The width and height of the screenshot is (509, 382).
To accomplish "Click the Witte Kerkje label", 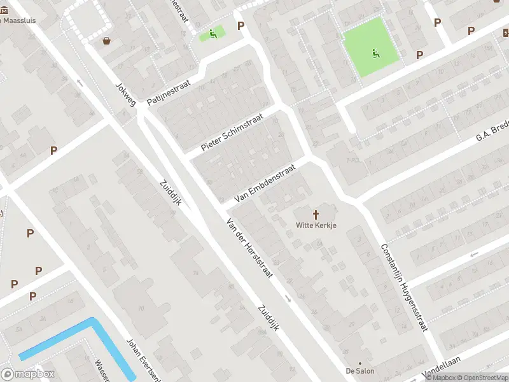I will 316,225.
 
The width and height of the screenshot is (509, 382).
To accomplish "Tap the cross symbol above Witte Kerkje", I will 316,214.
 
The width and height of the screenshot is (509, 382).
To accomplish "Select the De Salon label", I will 360,371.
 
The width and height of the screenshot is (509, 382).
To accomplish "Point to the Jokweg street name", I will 125,94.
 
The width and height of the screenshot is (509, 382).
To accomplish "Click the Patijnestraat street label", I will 169,93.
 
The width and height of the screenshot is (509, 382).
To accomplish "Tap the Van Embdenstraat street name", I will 265,184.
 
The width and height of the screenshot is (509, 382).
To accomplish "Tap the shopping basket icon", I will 106,41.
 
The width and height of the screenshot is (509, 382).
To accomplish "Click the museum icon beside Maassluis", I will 4,19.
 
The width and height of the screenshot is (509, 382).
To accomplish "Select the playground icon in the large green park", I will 375,53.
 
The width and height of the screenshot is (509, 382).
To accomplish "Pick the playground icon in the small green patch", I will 213,33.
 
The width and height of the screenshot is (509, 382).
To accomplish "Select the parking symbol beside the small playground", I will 241,25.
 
